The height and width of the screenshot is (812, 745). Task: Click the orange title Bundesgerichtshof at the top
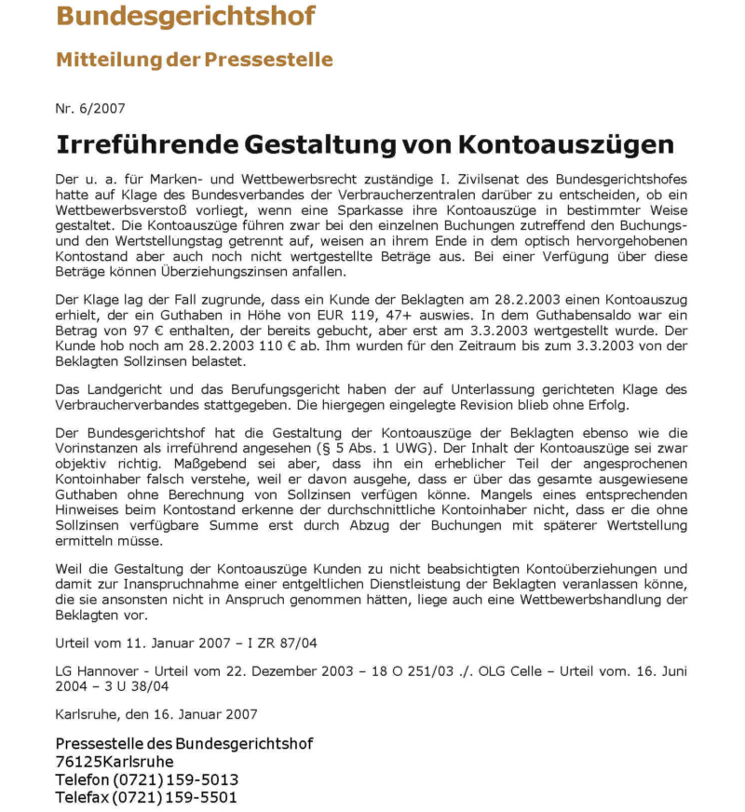[185, 16]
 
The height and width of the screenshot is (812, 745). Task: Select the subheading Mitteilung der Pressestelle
[194, 60]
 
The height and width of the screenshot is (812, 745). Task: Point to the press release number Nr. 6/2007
[90, 109]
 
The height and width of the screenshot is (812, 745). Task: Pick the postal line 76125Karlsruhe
[115, 762]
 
